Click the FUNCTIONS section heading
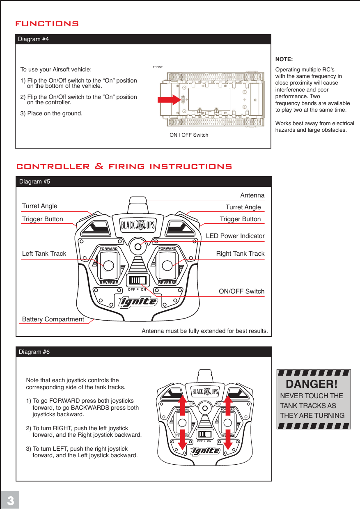point(47,24)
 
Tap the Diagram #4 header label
point(34,39)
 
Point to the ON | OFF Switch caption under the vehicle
point(189,135)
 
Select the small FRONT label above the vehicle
point(158,67)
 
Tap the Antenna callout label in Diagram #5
point(252,195)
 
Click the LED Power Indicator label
point(235,236)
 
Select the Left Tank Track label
point(44,254)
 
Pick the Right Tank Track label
point(240,254)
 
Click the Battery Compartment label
point(53,319)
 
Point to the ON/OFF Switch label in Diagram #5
point(241,291)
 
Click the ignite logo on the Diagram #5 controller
point(138,303)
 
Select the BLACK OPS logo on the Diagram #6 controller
point(205,391)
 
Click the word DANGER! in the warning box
point(312,385)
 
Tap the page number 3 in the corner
point(10,501)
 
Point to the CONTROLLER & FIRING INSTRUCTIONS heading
point(124,167)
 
